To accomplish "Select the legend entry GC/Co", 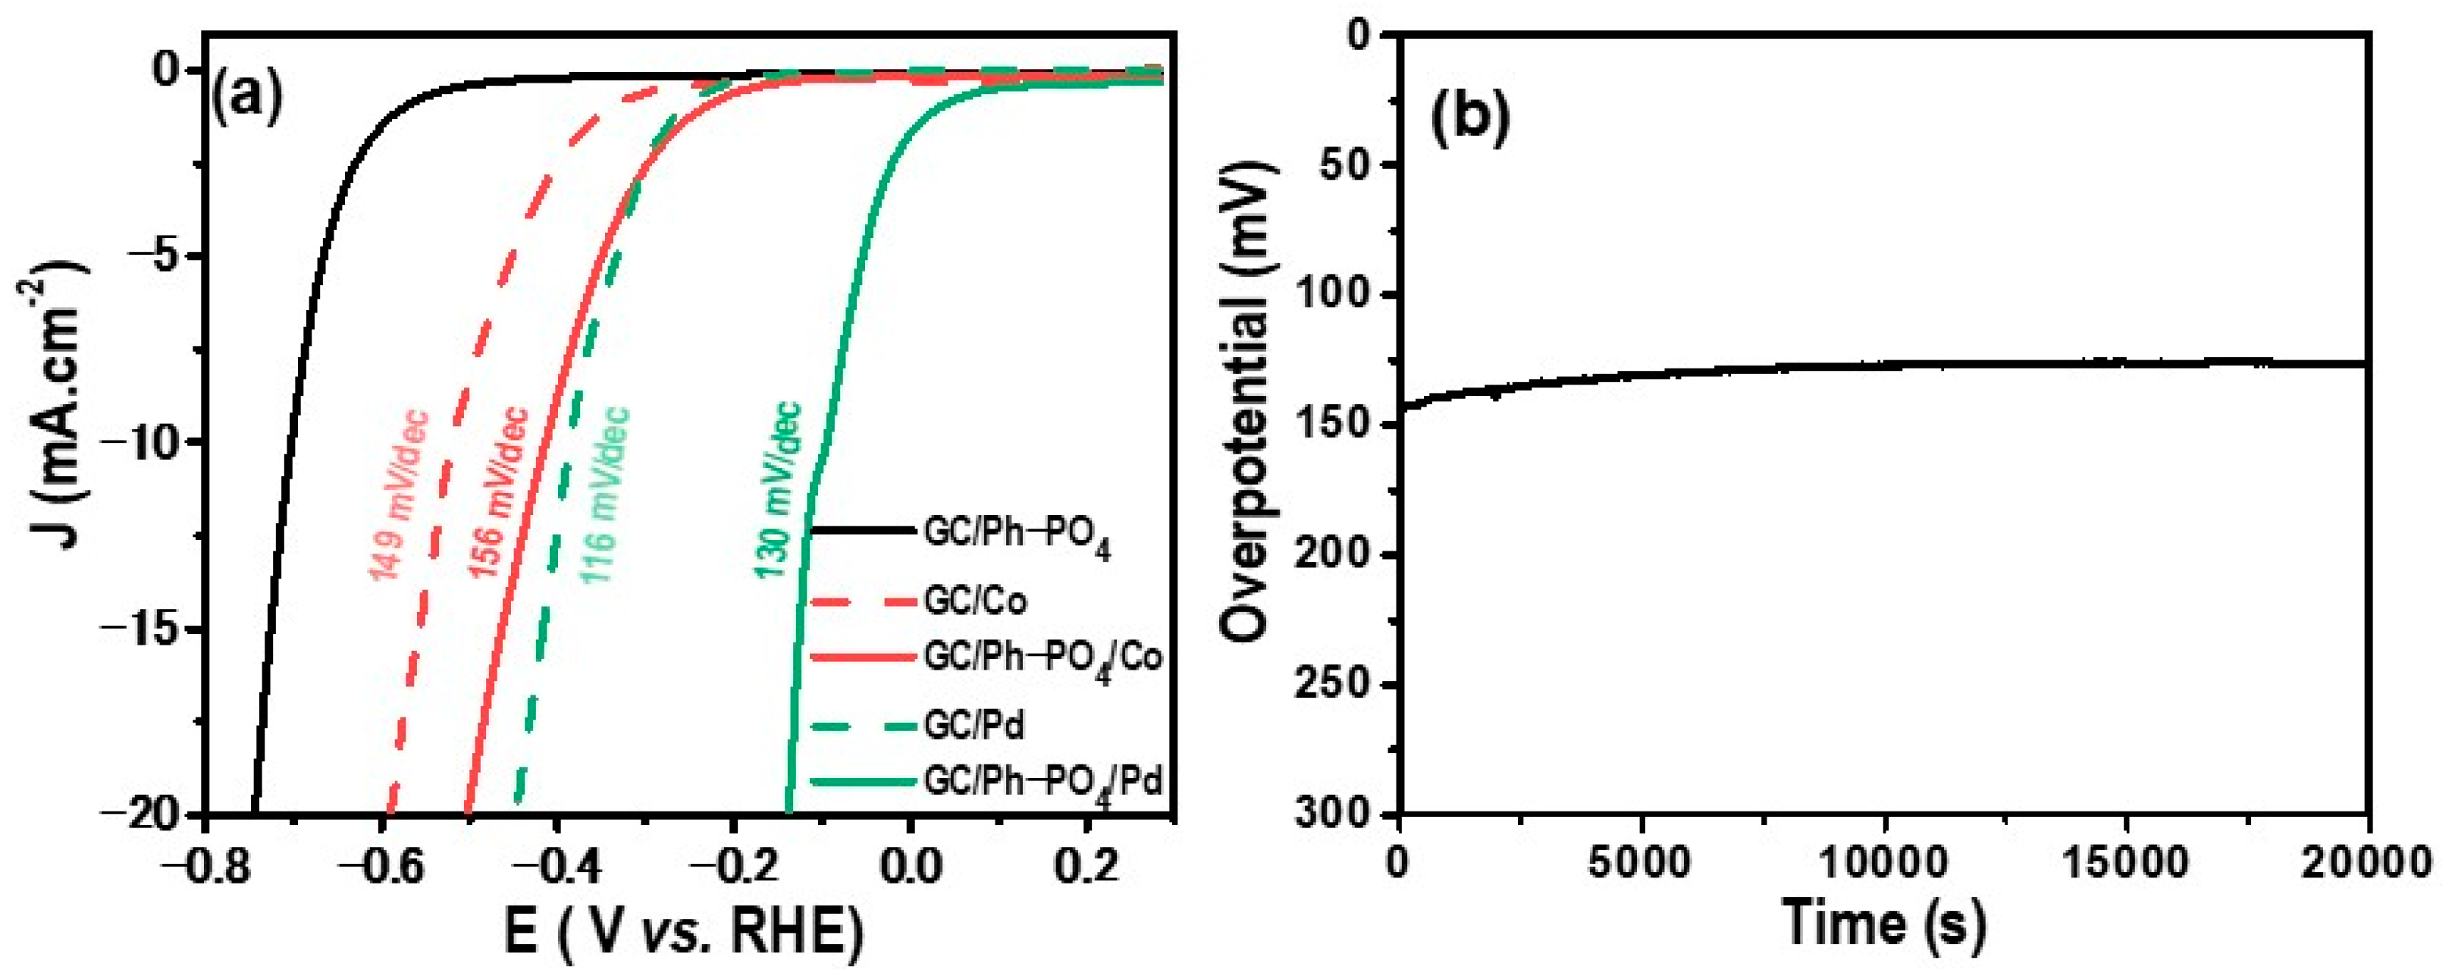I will coord(975,601).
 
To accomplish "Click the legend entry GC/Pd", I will coord(974,727).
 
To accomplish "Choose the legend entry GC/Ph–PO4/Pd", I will coord(1043,783).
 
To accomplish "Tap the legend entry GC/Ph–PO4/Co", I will coord(1043,659).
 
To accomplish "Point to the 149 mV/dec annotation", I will coord(400,494).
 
